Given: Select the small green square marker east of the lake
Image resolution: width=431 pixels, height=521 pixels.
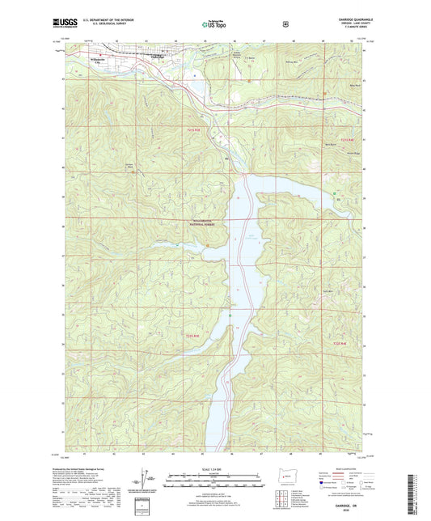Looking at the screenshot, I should [334, 192].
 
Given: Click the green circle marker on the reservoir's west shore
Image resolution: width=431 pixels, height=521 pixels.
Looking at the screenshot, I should [230, 315].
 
